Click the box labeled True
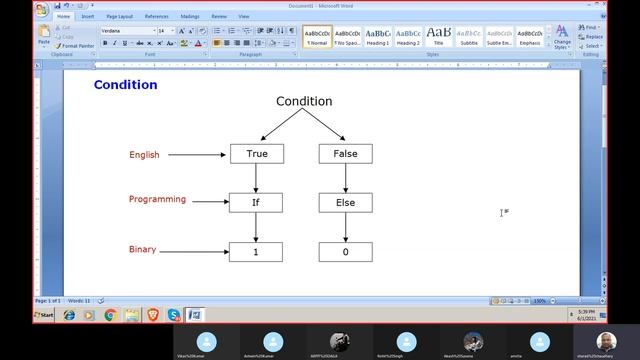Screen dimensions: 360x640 [x=256, y=154]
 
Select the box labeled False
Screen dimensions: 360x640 [x=345, y=154]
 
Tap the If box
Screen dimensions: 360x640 [x=256, y=203]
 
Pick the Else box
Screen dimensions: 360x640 [x=345, y=203]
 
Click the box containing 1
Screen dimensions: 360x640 [x=256, y=252]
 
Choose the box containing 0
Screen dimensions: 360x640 [x=345, y=252]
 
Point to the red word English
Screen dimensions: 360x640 [x=144, y=155]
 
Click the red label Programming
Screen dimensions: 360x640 [x=157, y=199]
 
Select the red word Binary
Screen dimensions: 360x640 [x=142, y=249]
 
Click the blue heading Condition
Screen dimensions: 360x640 [x=125, y=85]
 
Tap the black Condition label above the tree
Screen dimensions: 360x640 [x=304, y=101]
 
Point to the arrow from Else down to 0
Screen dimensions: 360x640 [x=345, y=227]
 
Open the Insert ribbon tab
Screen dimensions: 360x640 [x=88, y=16]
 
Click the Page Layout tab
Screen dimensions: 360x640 [x=119, y=16]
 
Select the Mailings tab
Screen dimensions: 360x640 [x=190, y=16]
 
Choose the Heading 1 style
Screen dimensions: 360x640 [x=377, y=36]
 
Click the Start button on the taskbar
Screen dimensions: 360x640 [x=44, y=315]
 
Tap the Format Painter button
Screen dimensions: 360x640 [x=75, y=45]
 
